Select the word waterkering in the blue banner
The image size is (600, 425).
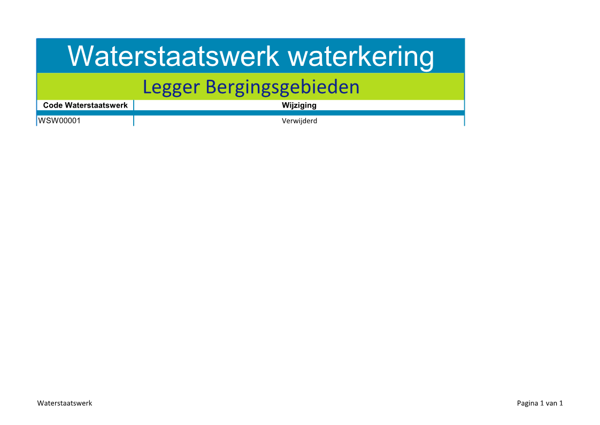361,57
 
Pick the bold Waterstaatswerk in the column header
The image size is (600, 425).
96,105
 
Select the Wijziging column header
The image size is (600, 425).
299,105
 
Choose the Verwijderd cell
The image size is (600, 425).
299,121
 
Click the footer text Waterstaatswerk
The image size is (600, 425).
65,403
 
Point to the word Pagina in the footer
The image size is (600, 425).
527,404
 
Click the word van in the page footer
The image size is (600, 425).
551,404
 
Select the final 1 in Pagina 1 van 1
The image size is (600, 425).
561,403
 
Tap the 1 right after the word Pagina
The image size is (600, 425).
542,403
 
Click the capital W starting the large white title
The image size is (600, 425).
79,56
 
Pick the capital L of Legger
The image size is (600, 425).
147,87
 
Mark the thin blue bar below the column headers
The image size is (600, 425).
251,113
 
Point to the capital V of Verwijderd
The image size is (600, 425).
284,121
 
